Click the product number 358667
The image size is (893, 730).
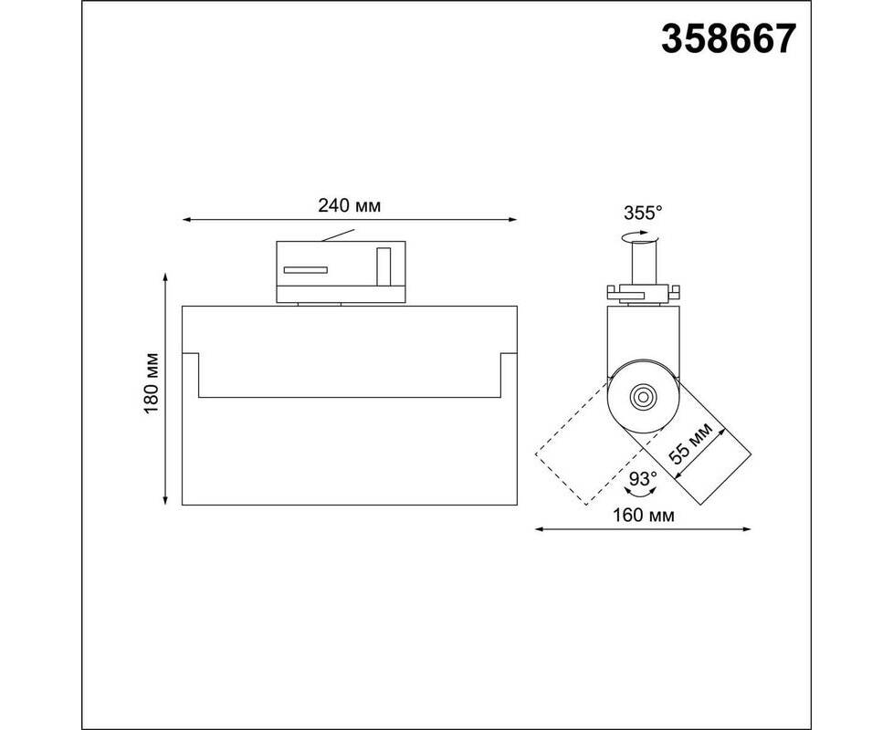click(x=728, y=39)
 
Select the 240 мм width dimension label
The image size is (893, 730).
click(x=349, y=205)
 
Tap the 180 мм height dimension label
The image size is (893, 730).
click(x=151, y=383)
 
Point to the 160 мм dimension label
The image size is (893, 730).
click(x=643, y=516)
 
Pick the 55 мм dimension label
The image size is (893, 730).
click(x=690, y=443)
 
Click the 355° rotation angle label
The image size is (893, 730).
click(x=643, y=214)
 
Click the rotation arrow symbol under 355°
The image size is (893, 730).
click(x=640, y=235)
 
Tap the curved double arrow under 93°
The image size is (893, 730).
click(x=641, y=493)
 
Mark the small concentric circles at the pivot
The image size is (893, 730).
click(x=643, y=397)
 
